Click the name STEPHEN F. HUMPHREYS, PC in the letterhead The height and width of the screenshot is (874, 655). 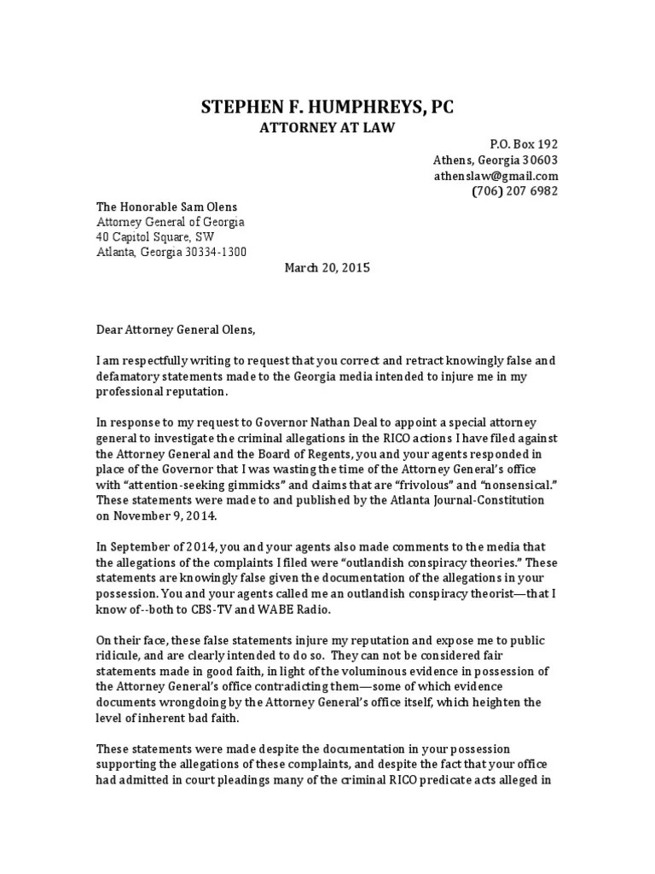tap(327, 106)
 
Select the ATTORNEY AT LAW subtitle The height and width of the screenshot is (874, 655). tap(327, 127)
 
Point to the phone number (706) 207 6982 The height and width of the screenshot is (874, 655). tap(515, 191)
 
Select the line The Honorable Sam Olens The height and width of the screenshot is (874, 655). tap(166, 207)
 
